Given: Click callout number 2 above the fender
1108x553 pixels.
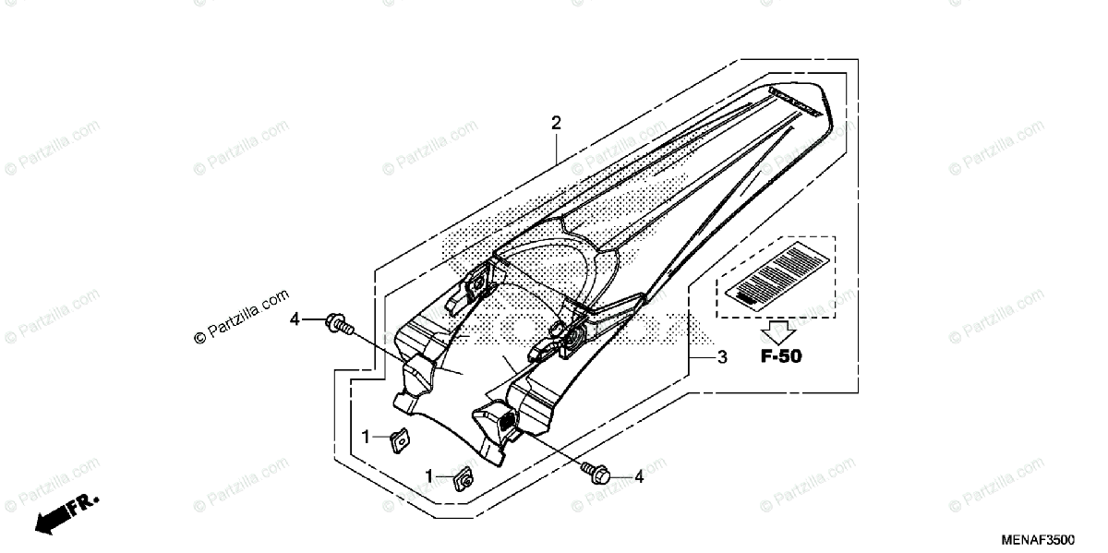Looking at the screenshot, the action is tap(556, 123).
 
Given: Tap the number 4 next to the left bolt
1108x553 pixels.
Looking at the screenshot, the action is tap(295, 319).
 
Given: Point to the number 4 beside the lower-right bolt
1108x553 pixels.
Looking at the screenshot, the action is tap(638, 476).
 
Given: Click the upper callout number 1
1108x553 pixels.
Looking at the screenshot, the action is tap(367, 436).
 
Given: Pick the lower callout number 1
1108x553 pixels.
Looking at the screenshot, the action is tap(429, 475).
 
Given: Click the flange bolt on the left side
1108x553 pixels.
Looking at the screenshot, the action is tap(339, 324).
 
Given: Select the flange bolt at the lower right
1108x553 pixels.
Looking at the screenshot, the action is tap(594, 472).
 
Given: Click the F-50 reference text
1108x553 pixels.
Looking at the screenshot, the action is tap(781, 356).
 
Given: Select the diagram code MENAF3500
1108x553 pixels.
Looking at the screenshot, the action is tap(1052, 539).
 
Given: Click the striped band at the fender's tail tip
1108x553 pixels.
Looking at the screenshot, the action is tap(795, 100).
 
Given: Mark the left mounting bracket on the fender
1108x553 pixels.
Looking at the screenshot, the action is tap(475, 289).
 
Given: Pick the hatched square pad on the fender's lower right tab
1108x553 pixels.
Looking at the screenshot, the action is tap(507, 421).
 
